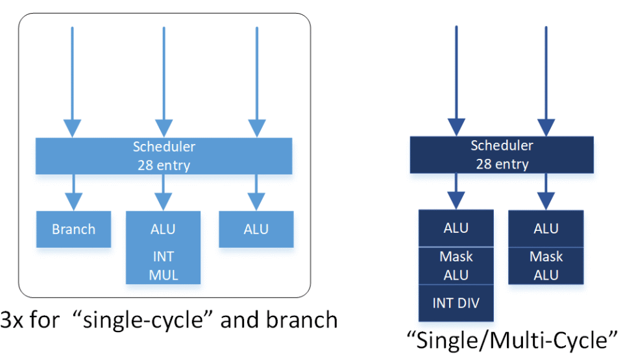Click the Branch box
73,229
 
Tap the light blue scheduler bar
164,156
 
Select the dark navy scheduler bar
501,154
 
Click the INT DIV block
456,302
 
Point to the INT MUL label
163,265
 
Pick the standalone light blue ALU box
256,229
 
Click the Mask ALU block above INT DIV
456,265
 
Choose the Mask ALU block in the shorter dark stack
546,265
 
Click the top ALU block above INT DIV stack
456,228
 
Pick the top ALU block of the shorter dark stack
546,228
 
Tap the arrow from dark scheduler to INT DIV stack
456,191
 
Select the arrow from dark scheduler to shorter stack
546,191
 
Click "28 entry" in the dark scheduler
501,163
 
